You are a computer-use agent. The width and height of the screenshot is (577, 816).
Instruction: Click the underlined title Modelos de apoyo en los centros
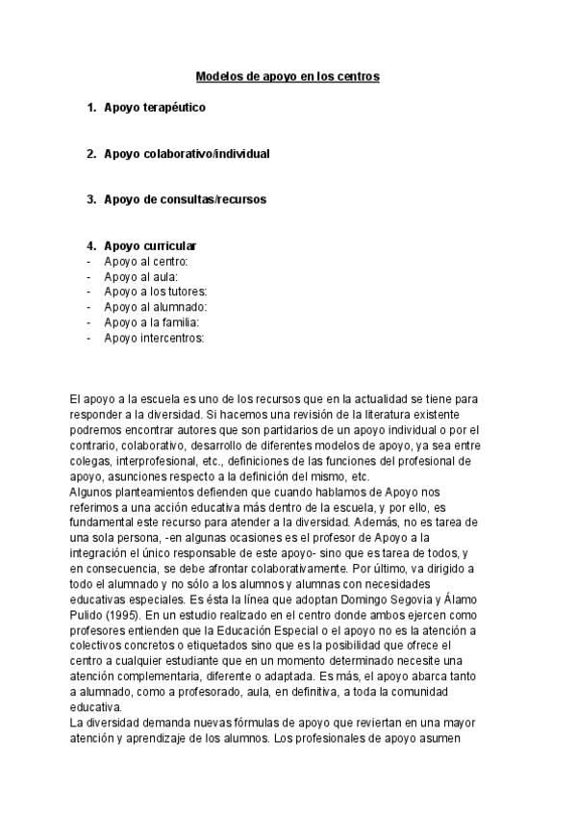[x=288, y=76]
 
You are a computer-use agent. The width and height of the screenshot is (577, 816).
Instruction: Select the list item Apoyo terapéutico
[x=154, y=108]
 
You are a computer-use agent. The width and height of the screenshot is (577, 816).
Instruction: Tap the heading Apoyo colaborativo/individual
[x=186, y=154]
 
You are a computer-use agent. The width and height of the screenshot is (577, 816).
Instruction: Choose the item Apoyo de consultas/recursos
[x=185, y=200]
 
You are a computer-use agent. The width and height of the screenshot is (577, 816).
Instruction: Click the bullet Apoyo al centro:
[x=146, y=261]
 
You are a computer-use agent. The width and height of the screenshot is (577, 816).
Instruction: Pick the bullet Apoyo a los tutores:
[x=156, y=292]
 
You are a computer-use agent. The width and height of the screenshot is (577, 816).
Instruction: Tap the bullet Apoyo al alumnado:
[x=156, y=307]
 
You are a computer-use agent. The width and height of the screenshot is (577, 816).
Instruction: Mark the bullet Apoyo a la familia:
[x=152, y=322]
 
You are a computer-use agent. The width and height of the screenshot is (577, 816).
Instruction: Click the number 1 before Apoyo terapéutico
[x=90, y=108]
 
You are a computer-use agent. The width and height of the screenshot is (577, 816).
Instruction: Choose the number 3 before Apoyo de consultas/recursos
[x=90, y=200]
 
